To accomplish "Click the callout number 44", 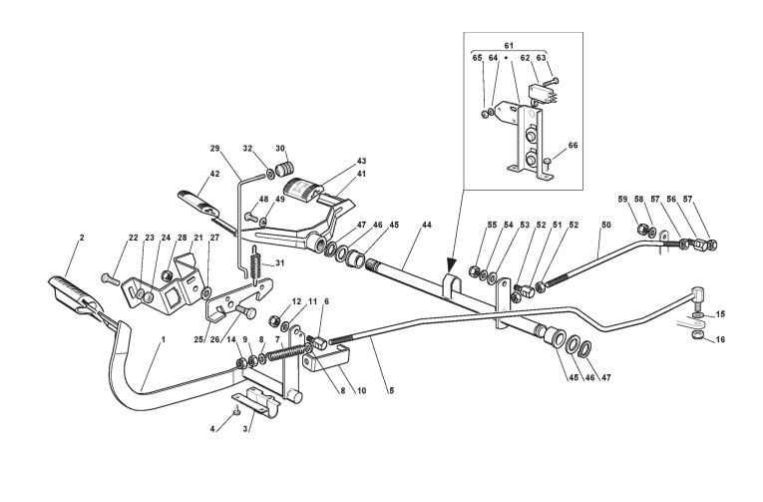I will pyautogui.click(x=426, y=228).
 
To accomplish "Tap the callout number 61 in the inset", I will pyautogui.click(x=508, y=47).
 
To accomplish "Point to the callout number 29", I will pyautogui.click(x=213, y=149).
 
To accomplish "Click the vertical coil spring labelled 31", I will pyautogui.click(x=255, y=265).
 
